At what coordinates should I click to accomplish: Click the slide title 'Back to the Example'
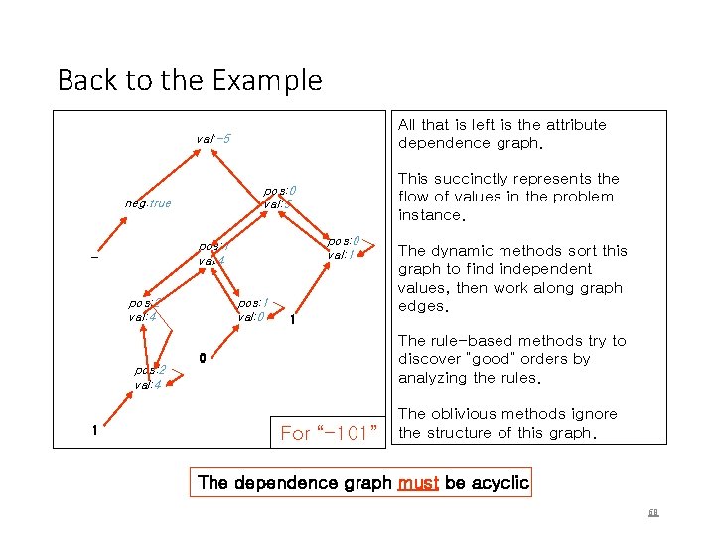(190, 80)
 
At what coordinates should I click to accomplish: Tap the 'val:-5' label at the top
(214, 139)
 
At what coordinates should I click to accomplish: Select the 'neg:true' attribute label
(148, 204)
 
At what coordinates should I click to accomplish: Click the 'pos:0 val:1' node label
(343, 247)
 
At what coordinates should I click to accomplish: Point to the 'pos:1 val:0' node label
(250, 309)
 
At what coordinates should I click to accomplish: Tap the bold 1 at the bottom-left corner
(93, 431)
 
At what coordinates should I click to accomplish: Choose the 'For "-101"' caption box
(329, 433)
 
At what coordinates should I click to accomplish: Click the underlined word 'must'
(418, 483)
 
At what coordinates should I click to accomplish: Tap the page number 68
(653, 513)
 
